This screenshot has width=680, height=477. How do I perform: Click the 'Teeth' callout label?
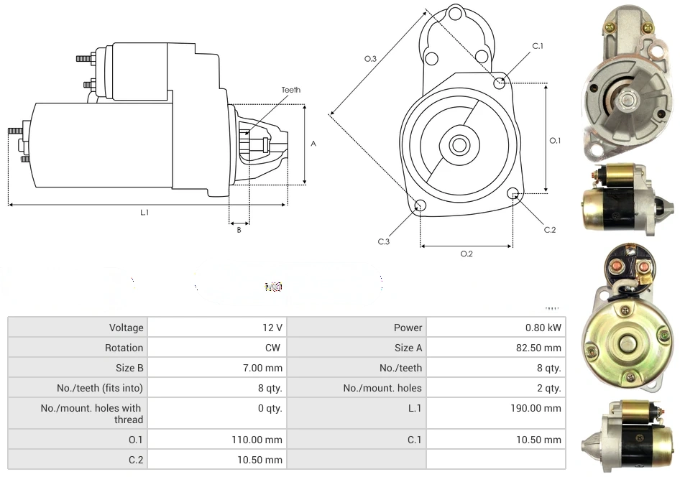[290, 90]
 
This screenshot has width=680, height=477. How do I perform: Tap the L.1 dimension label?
[144, 212]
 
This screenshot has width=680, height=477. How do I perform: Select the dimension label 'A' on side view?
[313, 144]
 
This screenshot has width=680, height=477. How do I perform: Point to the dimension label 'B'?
[239, 230]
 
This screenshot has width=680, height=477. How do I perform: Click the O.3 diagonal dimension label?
[371, 59]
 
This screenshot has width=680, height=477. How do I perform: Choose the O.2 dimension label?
[466, 254]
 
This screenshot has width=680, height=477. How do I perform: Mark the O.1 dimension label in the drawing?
[555, 141]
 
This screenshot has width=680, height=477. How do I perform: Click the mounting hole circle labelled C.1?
[500, 83]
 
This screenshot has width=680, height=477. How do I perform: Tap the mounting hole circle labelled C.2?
[513, 193]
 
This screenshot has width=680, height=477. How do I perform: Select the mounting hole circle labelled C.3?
[421, 207]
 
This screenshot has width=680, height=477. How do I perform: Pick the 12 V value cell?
[272, 328]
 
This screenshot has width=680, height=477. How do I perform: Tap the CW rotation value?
[275, 348]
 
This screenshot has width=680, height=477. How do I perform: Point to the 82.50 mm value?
[539, 348]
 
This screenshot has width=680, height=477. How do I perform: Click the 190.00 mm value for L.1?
[535, 408]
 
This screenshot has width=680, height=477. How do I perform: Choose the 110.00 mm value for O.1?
[256, 440]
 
